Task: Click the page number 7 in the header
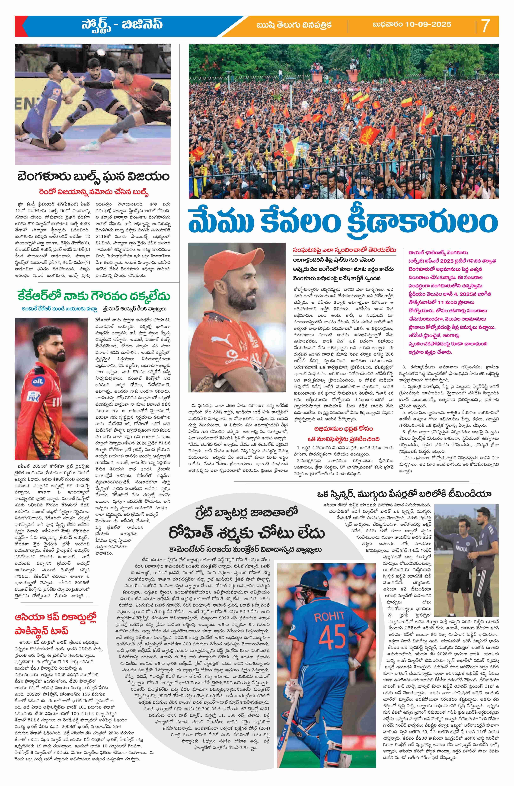click(x=486, y=26)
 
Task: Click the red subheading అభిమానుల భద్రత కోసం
click(x=344, y=429)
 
